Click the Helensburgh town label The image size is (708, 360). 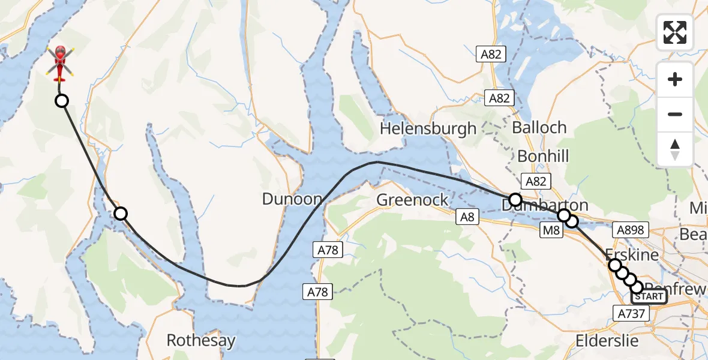click(428, 128)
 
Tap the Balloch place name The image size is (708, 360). click(539, 127)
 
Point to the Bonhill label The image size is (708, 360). click(542, 157)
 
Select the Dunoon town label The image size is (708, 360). click(292, 199)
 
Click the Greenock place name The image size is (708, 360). click(412, 199)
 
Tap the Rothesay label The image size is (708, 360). click(200, 340)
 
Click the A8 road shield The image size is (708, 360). click(467, 217)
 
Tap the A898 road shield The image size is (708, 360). click(629, 229)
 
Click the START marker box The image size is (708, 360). click(649, 296)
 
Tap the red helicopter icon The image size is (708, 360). click(60, 63)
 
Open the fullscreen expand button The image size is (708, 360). click(675, 32)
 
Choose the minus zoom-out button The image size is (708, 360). click(675, 114)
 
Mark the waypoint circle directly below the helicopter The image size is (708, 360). click(62, 101)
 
